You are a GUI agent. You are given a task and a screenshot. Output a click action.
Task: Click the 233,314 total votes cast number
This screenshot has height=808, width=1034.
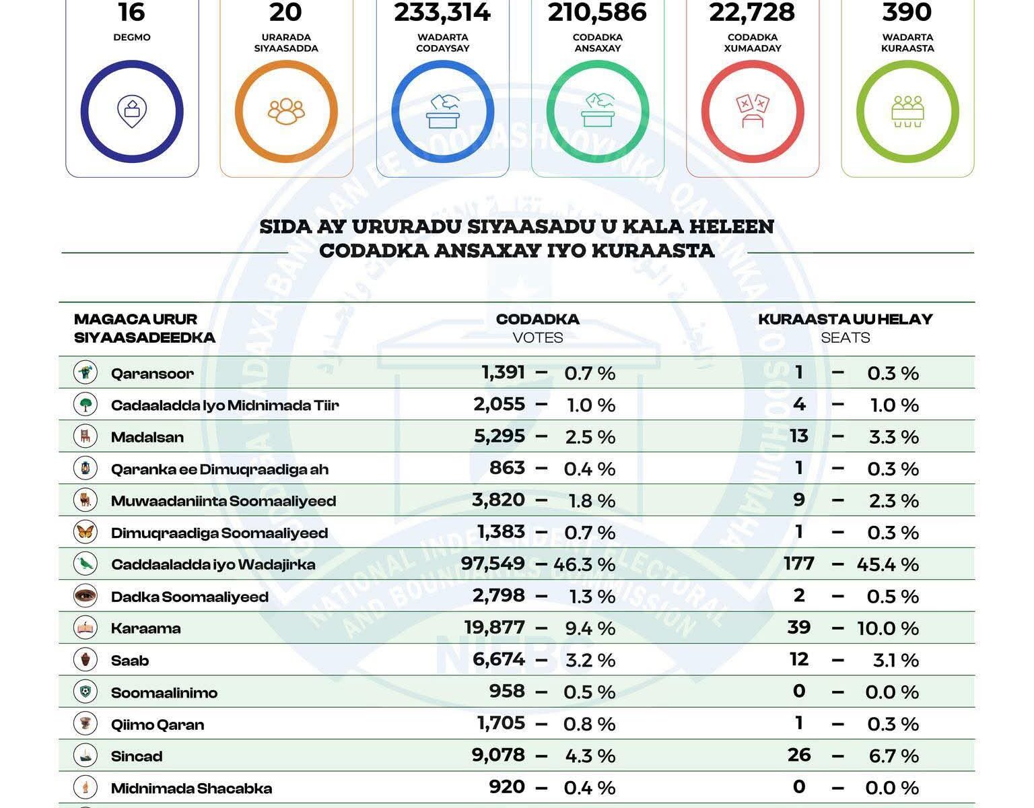442,12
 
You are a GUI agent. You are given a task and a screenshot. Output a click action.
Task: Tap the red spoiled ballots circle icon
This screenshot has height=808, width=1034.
753,112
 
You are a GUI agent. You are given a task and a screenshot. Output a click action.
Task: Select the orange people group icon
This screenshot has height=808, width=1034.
286,112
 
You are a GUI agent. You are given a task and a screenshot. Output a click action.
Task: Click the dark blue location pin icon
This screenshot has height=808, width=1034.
132,112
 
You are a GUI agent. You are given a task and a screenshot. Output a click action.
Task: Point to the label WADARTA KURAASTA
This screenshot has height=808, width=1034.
907,42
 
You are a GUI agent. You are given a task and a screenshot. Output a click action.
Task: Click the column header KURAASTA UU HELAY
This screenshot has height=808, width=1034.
846,319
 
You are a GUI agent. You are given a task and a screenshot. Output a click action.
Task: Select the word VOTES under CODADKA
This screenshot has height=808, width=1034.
537,338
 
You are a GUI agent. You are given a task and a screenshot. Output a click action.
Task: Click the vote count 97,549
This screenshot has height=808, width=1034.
493,564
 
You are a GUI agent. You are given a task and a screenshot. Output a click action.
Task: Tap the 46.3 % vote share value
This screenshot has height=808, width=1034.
584,565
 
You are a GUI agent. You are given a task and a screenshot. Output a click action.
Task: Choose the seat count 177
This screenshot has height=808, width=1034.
799,564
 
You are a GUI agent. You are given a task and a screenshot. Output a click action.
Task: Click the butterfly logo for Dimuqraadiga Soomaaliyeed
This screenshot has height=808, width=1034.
85,532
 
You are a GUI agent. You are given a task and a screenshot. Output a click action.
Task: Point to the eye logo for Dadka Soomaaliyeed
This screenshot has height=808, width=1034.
85,596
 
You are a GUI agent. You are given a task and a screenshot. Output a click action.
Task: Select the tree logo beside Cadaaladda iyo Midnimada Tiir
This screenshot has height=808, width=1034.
85,405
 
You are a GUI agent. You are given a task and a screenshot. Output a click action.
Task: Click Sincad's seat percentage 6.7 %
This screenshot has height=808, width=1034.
893,756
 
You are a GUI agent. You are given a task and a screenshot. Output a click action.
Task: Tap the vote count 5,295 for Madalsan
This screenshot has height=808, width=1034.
499,436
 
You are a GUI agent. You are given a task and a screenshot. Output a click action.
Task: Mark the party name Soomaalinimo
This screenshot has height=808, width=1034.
164,693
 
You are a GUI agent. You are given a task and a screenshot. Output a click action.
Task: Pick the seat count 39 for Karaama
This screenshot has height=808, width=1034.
799,628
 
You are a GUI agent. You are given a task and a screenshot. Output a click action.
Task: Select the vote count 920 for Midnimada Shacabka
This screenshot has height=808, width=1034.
507,787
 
